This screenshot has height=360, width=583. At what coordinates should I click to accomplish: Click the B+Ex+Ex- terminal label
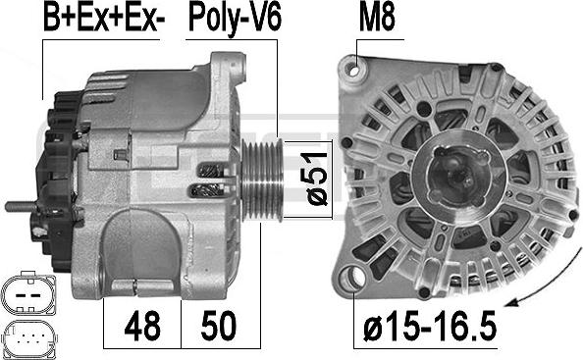pyautogui.click(x=104, y=18)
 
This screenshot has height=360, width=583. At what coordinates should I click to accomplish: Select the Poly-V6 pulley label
pyautogui.click(x=235, y=19)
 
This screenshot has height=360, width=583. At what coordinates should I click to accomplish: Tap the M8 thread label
pyautogui.click(x=377, y=18)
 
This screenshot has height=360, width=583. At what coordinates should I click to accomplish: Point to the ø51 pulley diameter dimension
pyautogui.click(x=316, y=179)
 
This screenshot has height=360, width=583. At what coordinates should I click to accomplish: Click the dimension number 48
pyautogui.click(x=142, y=326)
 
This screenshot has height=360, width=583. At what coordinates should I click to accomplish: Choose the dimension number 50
pyautogui.click(x=218, y=326)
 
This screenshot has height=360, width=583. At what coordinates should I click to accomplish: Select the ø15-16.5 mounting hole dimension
pyautogui.click(x=430, y=326)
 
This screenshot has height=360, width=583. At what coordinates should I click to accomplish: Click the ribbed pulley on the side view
pyautogui.click(x=262, y=180)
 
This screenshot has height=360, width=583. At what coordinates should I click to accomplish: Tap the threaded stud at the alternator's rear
pyautogui.click(x=22, y=207)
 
